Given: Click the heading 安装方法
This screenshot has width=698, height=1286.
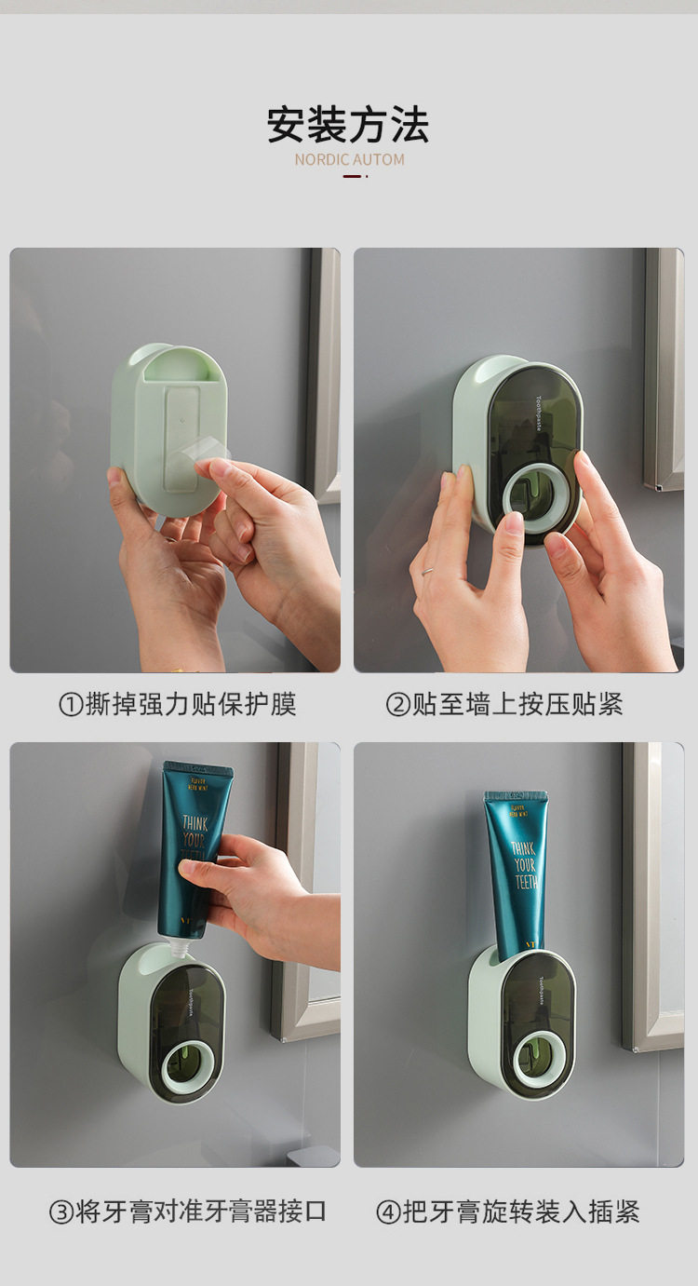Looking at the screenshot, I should tap(348, 125).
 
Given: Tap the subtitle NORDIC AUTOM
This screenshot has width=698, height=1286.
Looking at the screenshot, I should tap(349, 159).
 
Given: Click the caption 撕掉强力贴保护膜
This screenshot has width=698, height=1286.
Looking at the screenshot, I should tap(190, 705).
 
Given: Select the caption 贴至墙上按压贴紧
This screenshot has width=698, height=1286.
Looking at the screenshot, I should tap(517, 705).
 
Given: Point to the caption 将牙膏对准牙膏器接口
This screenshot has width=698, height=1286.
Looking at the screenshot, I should tap(201, 1212).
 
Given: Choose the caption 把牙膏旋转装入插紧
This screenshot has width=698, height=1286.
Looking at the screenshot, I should tap(521, 1212).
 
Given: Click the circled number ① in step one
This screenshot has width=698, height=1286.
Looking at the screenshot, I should tap(71, 705).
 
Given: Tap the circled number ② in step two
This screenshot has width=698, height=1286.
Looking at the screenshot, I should tap(397, 705).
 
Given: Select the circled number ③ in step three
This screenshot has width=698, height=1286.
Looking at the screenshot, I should tap(61, 1212).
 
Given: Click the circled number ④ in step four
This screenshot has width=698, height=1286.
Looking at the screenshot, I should tap(388, 1212).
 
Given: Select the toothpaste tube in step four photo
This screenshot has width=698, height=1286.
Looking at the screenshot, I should tap(515, 871).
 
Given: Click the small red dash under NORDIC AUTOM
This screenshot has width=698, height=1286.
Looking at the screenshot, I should tap(353, 176).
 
